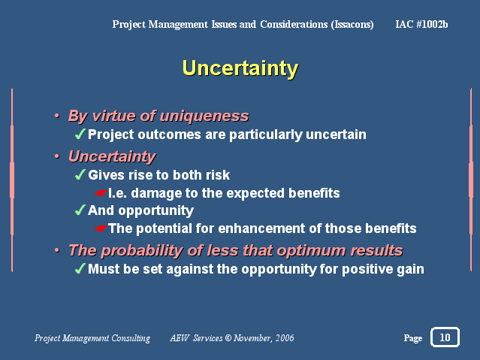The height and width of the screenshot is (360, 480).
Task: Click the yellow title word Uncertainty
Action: [x=240, y=68]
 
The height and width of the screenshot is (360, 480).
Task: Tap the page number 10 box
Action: [x=445, y=337]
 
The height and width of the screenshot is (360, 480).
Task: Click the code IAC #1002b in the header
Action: [x=421, y=24]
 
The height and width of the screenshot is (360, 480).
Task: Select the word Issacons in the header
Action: [x=352, y=25]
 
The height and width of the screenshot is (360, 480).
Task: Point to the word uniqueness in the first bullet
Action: [x=204, y=116]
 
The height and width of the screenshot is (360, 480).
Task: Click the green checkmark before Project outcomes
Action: [x=80, y=134]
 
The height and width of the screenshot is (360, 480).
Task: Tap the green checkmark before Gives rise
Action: [x=80, y=174]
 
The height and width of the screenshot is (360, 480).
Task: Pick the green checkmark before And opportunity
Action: [x=80, y=210]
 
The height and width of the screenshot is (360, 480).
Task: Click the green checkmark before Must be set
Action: [x=80, y=269]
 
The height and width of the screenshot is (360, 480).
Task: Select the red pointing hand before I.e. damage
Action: [x=101, y=193]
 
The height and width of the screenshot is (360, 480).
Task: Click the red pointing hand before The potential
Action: [x=101, y=228]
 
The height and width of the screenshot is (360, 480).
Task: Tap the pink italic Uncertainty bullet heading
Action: [x=112, y=157]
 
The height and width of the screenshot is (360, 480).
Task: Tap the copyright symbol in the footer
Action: [x=228, y=338]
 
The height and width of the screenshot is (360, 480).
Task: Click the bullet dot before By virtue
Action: [x=57, y=116]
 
